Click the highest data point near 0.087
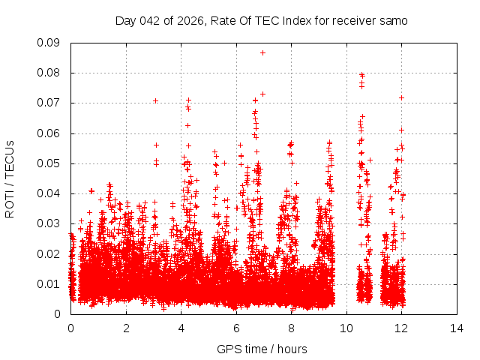click(x=262, y=52)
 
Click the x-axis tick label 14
click(x=457, y=328)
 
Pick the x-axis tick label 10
click(x=346, y=328)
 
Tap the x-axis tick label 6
click(x=236, y=328)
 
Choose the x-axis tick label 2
click(x=126, y=328)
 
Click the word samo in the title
click(x=393, y=21)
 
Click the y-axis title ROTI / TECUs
click(x=10, y=178)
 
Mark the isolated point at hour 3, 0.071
click(x=155, y=100)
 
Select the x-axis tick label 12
click(x=402, y=328)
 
